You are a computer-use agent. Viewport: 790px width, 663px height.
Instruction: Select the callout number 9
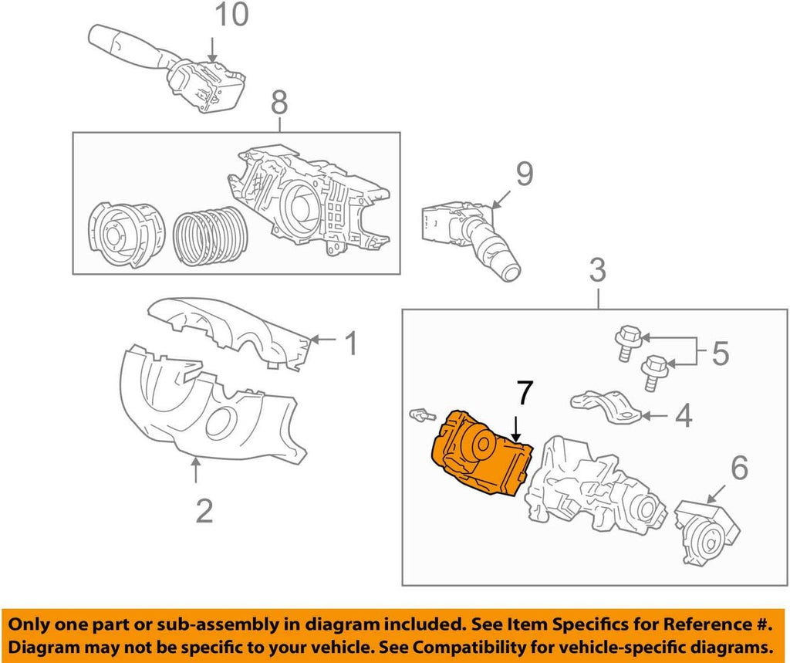pos(524,175)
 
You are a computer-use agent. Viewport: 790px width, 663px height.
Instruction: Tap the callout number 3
pos(597,271)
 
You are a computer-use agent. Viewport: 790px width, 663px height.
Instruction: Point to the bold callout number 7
pos(524,394)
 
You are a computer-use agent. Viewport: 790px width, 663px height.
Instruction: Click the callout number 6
pos(738,467)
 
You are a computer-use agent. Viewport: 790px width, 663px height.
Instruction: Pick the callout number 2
pos(204,510)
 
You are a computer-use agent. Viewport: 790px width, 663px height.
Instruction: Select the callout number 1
pos(351,343)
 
